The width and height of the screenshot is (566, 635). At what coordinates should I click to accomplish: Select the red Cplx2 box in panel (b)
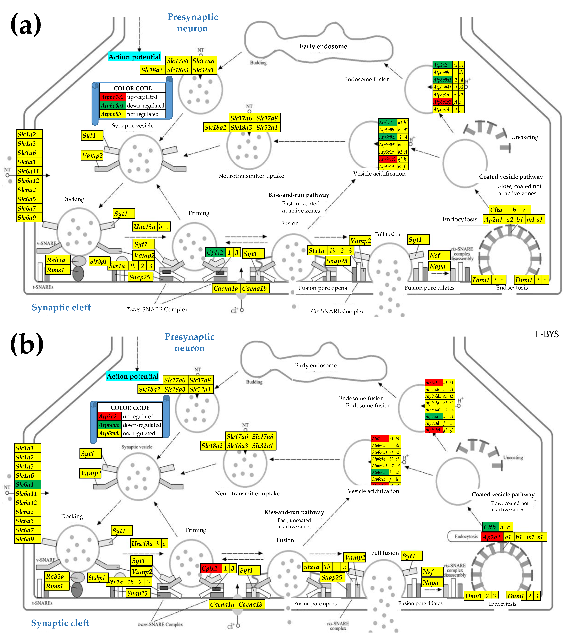point(210,568)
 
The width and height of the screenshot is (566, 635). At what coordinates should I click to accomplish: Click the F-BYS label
point(547,334)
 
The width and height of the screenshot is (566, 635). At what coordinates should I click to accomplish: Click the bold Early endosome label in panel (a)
point(323,46)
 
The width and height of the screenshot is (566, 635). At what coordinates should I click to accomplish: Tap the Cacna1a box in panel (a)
point(226,288)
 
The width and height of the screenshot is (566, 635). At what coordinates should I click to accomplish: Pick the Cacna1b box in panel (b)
point(251,604)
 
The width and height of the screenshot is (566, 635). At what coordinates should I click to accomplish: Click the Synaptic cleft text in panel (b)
point(60,623)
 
